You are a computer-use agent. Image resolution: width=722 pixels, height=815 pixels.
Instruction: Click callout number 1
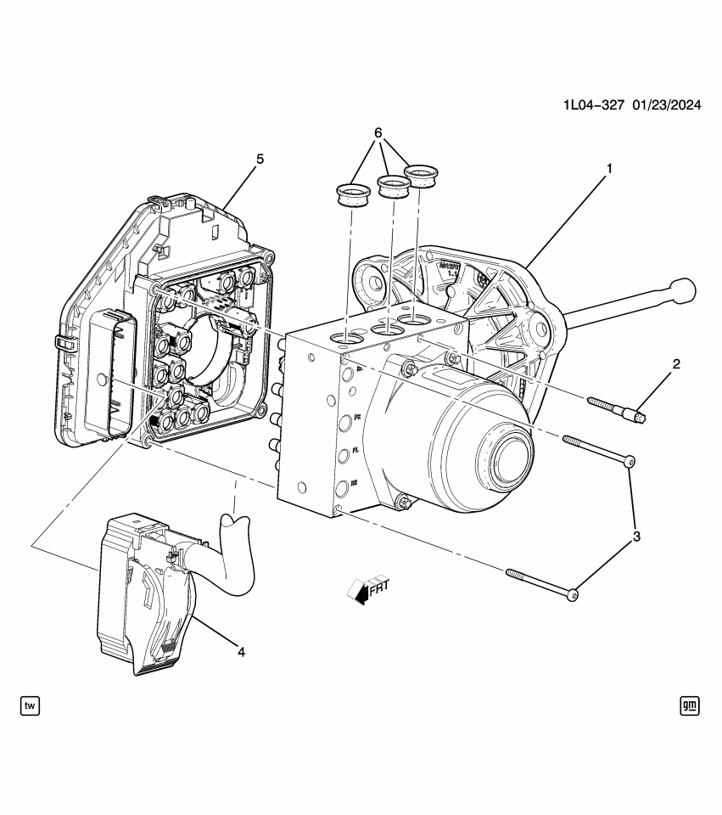pos(608,168)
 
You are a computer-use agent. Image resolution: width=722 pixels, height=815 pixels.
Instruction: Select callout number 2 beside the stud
pos(676,364)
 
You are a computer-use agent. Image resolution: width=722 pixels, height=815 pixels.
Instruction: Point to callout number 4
pos(241,652)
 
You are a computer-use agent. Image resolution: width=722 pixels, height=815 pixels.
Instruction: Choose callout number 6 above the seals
pos(378,134)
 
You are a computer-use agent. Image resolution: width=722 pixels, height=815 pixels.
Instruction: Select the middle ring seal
pos(392,187)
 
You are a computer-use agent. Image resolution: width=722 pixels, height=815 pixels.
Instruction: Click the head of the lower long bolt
pos(574,596)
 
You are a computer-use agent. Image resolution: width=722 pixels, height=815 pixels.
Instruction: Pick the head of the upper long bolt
pos(628,461)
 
